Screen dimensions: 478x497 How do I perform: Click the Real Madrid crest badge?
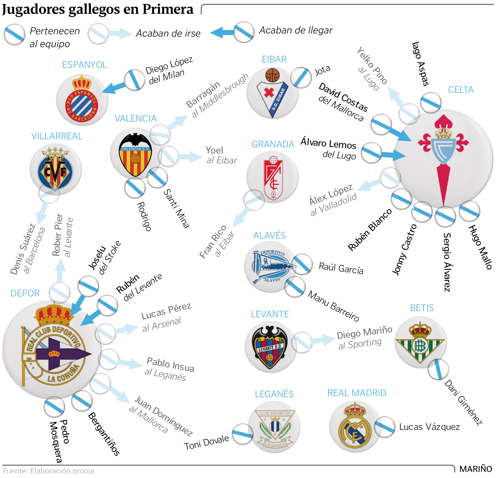(355, 426)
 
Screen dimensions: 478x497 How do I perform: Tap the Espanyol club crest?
(82, 100)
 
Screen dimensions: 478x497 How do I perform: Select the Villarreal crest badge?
(56, 170)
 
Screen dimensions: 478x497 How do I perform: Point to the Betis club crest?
(420, 342)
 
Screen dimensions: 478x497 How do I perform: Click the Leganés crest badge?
(274, 427)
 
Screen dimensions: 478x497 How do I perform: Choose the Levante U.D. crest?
(270, 347)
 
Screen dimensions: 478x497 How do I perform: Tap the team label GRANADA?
(273, 144)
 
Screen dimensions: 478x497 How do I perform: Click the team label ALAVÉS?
(269, 235)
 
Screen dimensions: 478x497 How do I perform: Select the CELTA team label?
(460, 90)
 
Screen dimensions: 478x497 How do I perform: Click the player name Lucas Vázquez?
(429, 427)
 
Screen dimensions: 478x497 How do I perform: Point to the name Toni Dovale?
(206, 442)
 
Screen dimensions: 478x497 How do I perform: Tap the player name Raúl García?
(341, 268)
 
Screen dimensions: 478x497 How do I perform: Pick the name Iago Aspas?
(420, 64)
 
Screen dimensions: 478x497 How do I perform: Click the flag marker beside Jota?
(301, 77)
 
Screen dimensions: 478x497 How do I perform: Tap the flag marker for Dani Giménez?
(438, 369)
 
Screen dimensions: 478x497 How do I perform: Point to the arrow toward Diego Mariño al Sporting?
(323, 340)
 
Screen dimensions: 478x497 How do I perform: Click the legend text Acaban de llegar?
(296, 30)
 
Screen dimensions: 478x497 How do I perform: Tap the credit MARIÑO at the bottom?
(475, 469)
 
